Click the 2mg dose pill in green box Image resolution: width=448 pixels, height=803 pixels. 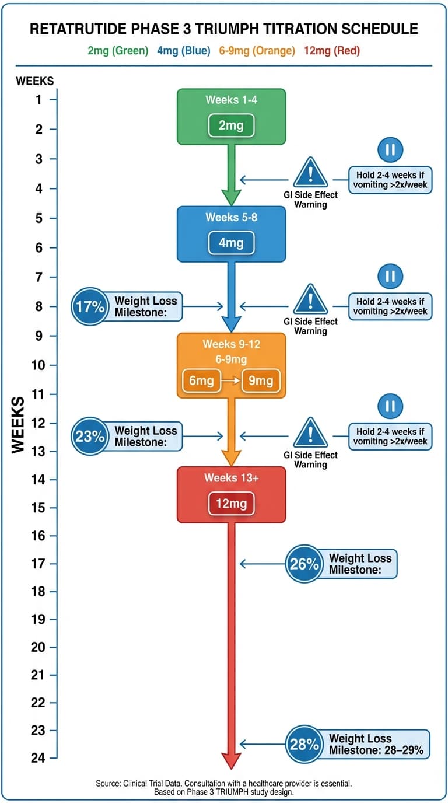231,125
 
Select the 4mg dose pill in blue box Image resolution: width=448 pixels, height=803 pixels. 231,243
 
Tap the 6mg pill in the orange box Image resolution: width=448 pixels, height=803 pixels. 202,381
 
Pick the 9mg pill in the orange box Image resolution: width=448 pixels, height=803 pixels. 261,381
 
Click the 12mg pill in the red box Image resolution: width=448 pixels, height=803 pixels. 231,504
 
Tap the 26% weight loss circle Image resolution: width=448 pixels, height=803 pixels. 304,564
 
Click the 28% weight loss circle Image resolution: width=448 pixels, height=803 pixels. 304,744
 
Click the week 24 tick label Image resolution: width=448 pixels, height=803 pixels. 38,758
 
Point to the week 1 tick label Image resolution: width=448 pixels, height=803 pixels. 38,100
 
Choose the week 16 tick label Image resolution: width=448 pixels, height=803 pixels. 38,536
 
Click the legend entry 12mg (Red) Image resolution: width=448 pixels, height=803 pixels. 332,51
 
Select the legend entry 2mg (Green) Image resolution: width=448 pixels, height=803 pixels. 118,51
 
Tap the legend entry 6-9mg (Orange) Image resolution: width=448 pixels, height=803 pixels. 257,51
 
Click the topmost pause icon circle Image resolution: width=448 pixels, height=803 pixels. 390,150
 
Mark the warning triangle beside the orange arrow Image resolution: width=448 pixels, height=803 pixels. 310,433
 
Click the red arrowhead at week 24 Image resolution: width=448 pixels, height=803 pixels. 231,759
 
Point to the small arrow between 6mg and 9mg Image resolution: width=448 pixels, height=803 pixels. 231,381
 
